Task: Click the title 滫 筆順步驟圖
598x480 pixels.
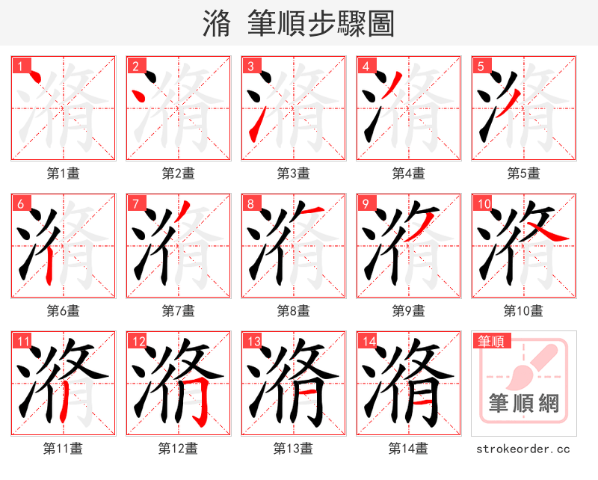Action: (x=298, y=23)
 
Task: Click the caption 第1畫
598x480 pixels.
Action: (x=64, y=173)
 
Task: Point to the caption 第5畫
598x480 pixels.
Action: (x=523, y=173)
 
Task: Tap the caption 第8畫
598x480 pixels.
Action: (x=293, y=311)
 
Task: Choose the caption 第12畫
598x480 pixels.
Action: (x=178, y=449)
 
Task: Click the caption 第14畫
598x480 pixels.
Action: (x=408, y=449)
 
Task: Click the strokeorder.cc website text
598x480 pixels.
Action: (x=523, y=449)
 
